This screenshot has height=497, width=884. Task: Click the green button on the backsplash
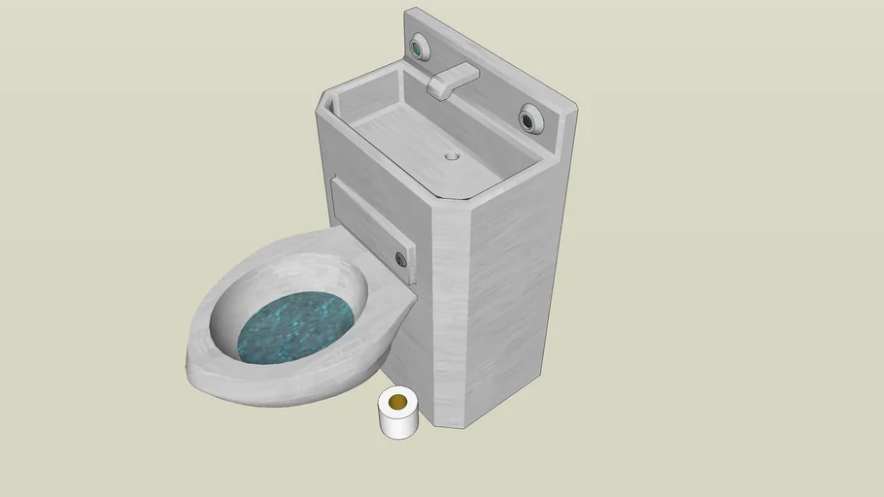[x=420, y=46]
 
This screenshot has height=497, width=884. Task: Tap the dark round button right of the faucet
[x=529, y=119]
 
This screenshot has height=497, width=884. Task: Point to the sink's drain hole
[x=452, y=155]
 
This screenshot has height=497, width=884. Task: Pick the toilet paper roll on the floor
[x=397, y=413]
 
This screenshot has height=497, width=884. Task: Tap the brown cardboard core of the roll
[x=397, y=401]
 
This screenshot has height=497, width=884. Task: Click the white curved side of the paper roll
[x=398, y=424]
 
